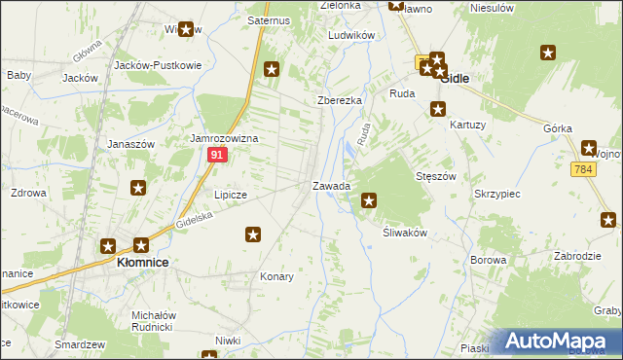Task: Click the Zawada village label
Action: click(331, 186)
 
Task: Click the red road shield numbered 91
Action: click(218, 156)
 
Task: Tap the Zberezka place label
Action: click(340, 100)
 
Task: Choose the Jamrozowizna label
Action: click(223, 139)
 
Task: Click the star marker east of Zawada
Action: click(369, 201)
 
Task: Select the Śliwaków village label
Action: click(399, 234)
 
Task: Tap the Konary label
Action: click(276, 276)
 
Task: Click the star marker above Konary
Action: click(253, 234)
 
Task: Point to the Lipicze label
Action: click(231, 195)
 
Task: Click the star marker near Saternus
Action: click(272, 69)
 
